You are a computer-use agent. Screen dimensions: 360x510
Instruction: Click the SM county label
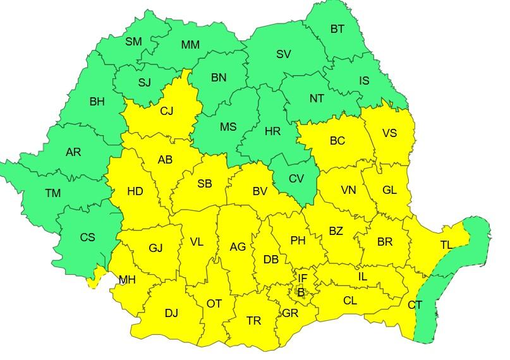pyautogui.click(x=133, y=42)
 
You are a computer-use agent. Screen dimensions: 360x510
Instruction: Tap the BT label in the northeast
pyautogui.click(x=337, y=28)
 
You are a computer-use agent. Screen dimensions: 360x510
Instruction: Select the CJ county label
pyautogui.click(x=166, y=111)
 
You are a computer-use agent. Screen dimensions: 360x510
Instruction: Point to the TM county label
pyautogui.click(x=52, y=193)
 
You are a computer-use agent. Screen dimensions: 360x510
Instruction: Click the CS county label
pyautogui.click(x=87, y=237)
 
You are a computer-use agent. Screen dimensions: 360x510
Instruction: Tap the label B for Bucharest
pyautogui.click(x=301, y=292)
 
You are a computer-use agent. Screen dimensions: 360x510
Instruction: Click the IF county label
pyautogui.click(x=303, y=278)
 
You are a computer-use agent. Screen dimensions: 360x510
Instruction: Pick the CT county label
pyautogui.click(x=415, y=305)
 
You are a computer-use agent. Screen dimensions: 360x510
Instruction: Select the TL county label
pyautogui.click(x=446, y=245)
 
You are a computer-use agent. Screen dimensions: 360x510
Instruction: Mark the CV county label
pyautogui.click(x=296, y=179)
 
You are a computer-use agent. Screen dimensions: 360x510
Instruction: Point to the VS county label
pyautogui.click(x=390, y=133)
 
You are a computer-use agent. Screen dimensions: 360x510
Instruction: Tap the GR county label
pyautogui.click(x=290, y=313)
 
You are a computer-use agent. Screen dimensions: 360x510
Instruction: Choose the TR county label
pyautogui.click(x=253, y=321)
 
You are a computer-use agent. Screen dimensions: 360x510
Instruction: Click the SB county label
pyautogui.click(x=204, y=184)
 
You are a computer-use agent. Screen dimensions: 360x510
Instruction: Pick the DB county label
pyautogui.click(x=270, y=260)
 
